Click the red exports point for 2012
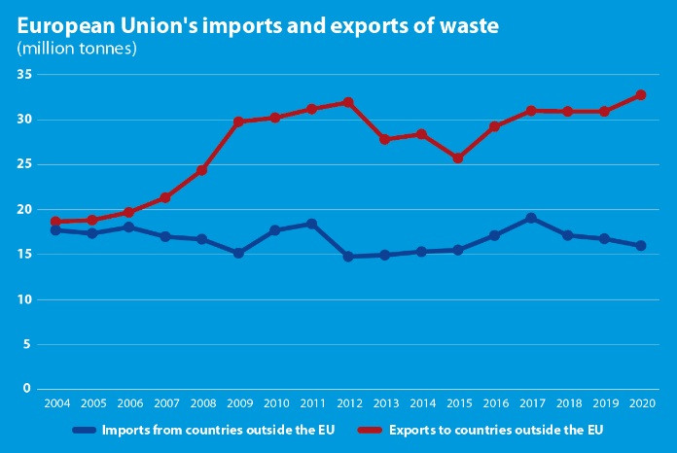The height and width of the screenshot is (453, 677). pyautogui.click(x=348, y=102)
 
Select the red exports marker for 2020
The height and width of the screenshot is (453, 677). pyautogui.click(x=641, y=95)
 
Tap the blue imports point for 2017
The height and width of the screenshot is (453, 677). pyautogui.click(x=531, y=218)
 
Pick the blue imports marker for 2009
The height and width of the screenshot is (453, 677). pyautogui.click(x=238, y=253)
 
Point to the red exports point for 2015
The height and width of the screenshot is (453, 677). pyautogui.click(x=458, y=157)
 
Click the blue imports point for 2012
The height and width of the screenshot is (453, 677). pyautogui.click(x=348, y=257)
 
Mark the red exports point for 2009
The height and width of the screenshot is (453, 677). pyautogui.click(x=238, y=122)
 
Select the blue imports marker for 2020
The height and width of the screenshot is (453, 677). pyautogui.click(x=641, y=246)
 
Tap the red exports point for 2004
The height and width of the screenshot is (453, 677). pyautogui.click(x=55, y=222)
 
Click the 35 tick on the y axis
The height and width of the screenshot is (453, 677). pyautogui.click(x=24, y=75)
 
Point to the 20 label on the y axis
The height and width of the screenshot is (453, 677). pyautogui.click(x=24, y=210)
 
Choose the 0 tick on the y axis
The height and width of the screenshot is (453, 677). pyautogui.click(x=28, y=389)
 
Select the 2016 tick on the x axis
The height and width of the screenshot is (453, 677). pyautogui.click(x=494, y=402)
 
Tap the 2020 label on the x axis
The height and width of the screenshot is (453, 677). pyautogui.click(x=641, y=402)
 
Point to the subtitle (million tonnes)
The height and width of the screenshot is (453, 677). pyautogui.click(x=76, y=48)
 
